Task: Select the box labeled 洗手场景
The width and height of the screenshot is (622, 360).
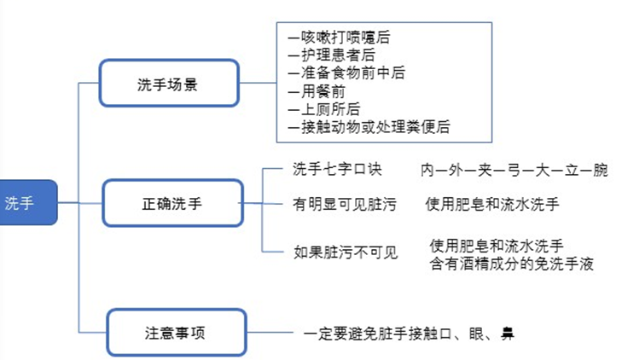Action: [168, 84]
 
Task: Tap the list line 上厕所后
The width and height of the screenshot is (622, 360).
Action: [323, 109]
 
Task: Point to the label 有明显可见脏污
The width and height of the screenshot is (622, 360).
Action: [342, 204]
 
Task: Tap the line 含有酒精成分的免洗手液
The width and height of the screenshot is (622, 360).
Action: [511, 263]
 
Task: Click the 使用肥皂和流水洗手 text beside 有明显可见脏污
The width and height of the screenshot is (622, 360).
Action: [492, 204]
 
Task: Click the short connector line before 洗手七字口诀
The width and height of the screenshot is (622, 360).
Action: [274, 168]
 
